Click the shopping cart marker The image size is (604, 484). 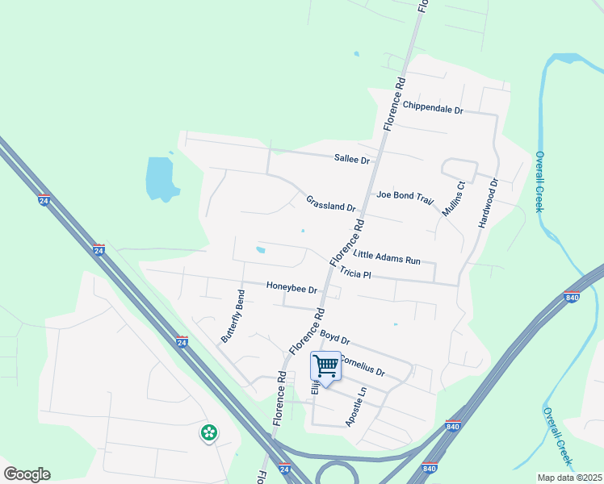pos(326,366)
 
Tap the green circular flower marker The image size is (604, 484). pos(209,433)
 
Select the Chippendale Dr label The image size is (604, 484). pos(433,107)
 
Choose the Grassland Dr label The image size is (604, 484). pos(330,202)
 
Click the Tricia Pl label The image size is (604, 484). pos(354,273)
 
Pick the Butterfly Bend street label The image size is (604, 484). pos(233,315)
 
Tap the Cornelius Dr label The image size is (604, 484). pos(363,367)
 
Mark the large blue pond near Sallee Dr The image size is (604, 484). pos(160,177)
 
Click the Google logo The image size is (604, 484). pos(27,474)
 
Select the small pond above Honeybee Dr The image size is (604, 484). pos(260,249)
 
